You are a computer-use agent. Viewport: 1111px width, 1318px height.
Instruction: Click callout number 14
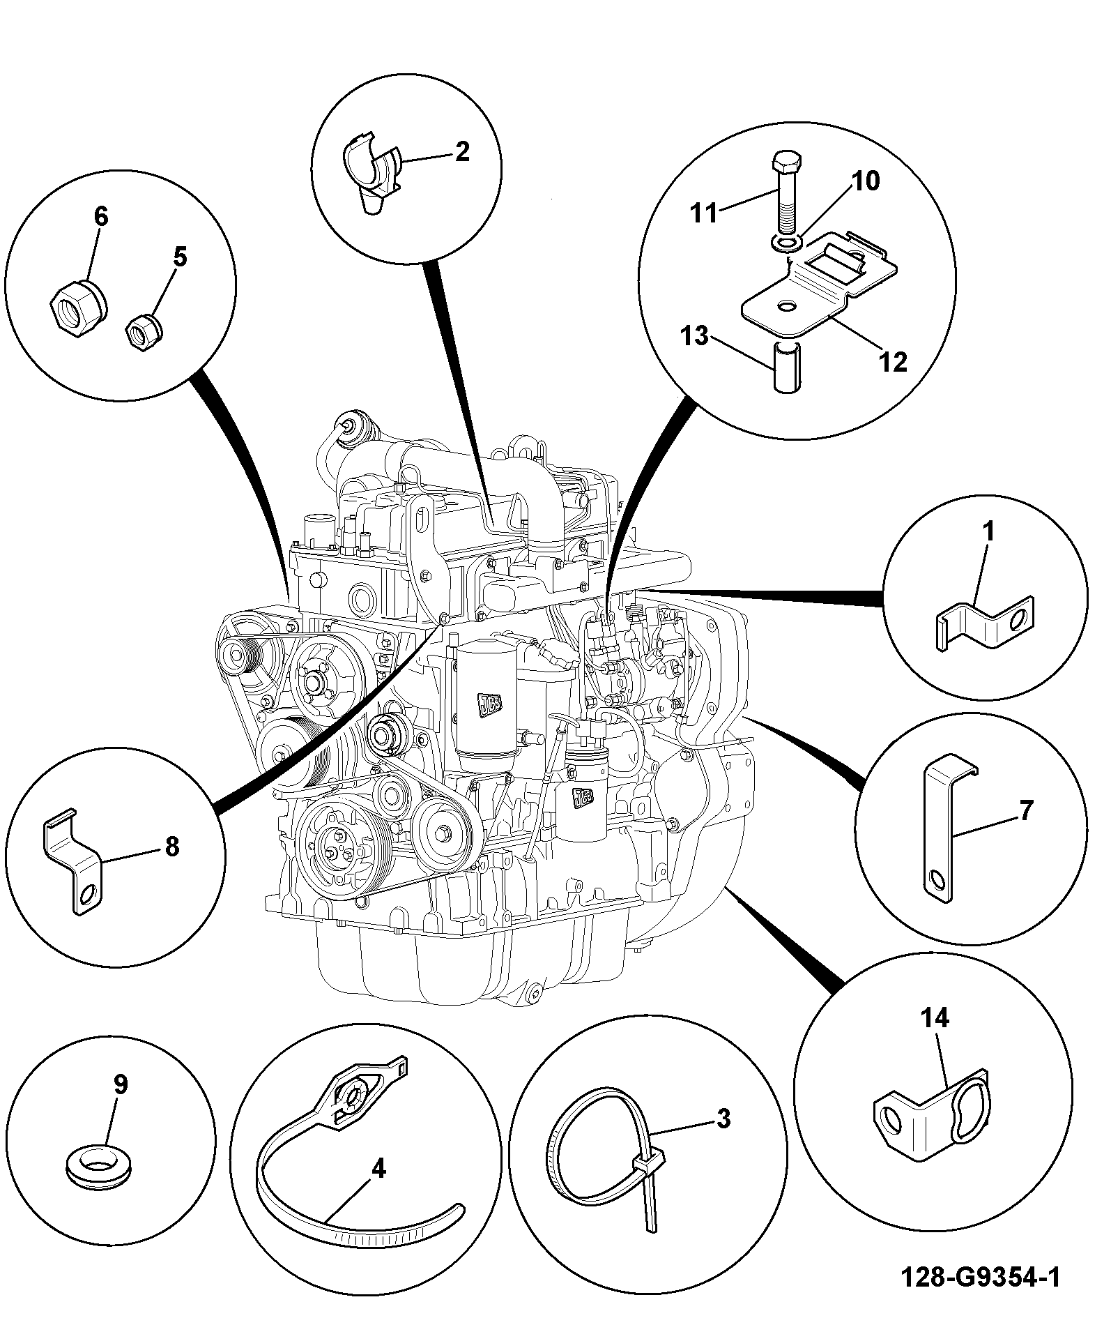pyautogui.click(x=935, y=1019)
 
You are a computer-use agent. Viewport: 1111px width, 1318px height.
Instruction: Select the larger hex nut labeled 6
pyautogui.click(x=78, y=307)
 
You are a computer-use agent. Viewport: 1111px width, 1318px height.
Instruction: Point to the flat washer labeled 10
pyautogui.click(x=788, y=243)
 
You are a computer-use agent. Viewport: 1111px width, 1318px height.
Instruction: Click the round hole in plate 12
pyautogui.click(x=787, y=306)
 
